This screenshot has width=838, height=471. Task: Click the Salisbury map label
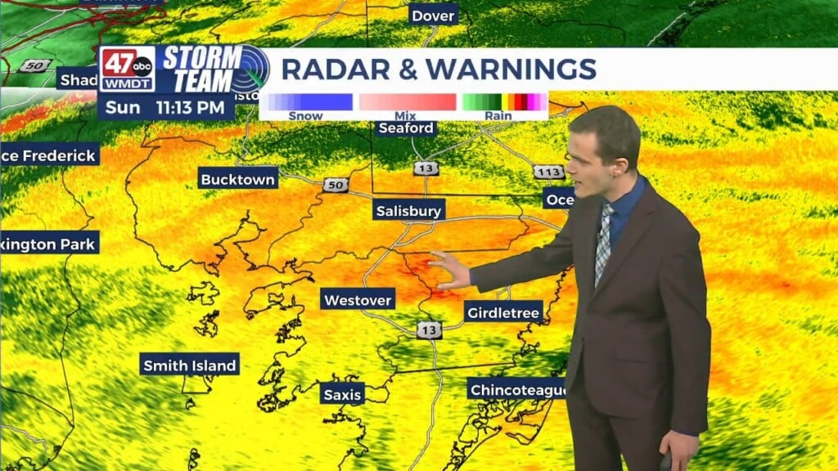coord(408,210)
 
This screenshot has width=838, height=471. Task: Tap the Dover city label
coord(433,16)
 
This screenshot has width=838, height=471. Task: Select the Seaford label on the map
coord(406,128)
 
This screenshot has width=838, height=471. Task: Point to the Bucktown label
coord(238,177)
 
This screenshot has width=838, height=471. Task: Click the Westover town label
coord(358,299)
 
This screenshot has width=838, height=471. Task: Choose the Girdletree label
coord(503,312)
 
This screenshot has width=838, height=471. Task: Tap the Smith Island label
coord(189,365)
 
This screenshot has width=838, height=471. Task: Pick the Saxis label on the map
coord(342,394)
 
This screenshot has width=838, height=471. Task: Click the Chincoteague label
coord(518,389)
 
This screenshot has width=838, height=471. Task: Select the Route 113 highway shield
coord(547,172)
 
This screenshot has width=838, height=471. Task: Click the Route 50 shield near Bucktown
coord(335,185)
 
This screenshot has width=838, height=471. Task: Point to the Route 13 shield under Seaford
coord(431,168)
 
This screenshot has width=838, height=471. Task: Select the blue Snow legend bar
coord(306,102)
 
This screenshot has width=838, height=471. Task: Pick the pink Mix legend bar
coord(407,102)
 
